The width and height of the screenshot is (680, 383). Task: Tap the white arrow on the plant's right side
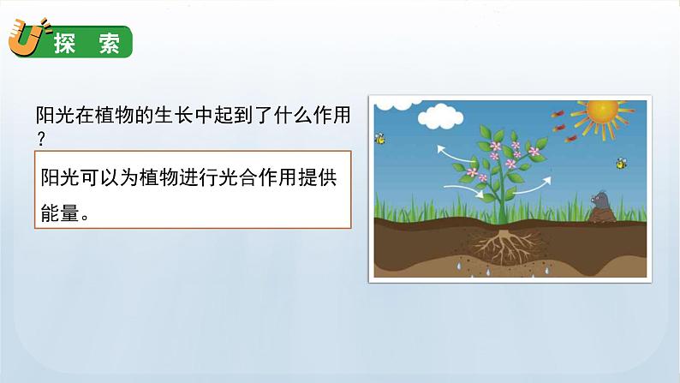point(535,183)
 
